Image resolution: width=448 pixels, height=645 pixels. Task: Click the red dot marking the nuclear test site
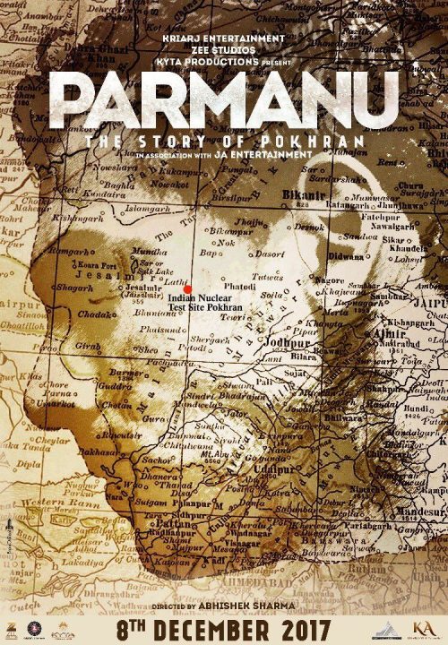(188, 288)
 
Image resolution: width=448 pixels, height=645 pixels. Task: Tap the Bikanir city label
(300, 192)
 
